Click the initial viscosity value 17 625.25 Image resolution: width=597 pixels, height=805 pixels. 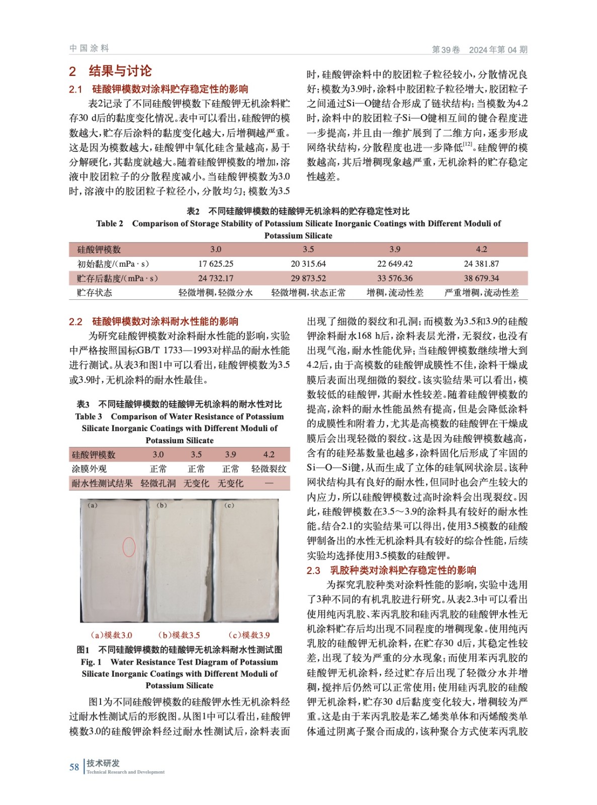coord(215,264)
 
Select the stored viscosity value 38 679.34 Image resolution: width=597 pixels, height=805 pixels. coord(481,278)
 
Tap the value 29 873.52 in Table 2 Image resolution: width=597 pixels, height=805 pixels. coord(308,278)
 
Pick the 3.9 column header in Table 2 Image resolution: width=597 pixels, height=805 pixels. coord(395,249)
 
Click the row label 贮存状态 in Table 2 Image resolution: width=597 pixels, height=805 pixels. coord(95,292)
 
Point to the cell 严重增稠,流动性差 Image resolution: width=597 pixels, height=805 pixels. coord(481,292)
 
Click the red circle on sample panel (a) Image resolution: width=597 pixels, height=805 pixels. coord(129,546)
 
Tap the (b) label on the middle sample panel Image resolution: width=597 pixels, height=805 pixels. coord(162,505)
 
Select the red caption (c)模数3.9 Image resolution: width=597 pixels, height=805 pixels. coord(249,635)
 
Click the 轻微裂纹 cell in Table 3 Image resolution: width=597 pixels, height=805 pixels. coord(269,469)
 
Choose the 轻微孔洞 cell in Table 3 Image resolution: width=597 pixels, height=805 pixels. coord(158,484)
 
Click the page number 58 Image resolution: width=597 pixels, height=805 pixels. coord(74,767)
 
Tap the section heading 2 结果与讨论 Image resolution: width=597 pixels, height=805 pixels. coord(110,71)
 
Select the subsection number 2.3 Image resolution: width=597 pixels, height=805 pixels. coord(313,571)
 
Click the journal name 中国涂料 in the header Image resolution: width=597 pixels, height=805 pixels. coord(89,48)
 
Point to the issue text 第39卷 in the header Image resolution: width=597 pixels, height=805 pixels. coord(446,49)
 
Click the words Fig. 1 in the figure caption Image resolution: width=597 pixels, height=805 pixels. coord(91,662)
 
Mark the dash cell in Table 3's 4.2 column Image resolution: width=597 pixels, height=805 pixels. coord(269,484)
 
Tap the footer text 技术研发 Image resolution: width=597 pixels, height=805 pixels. coord(103,763)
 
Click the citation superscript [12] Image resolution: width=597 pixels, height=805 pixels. coord(468,144)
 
